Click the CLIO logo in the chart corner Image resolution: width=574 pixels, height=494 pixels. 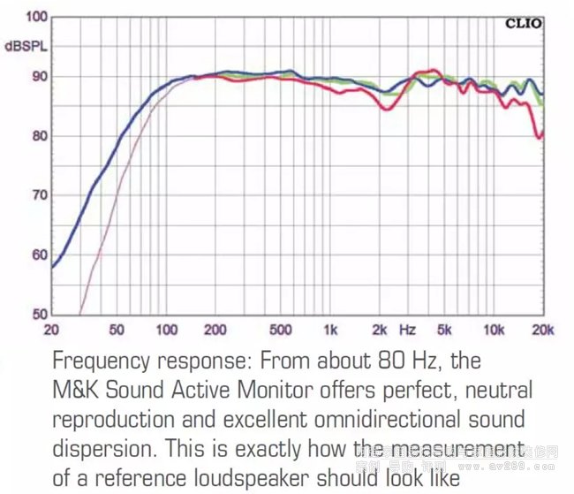pos(523,24)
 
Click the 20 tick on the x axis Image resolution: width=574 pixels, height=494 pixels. pos(52,330)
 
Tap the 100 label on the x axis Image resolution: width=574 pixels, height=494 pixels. pos(166,330)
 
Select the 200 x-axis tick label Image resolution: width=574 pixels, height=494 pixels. pos(215,330)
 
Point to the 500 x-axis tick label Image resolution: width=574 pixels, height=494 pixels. pos(280,330)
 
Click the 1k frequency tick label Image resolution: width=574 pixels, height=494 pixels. pos(329,330)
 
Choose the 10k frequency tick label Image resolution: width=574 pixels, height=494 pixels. pos(494,330)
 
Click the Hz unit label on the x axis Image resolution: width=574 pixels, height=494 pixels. pos(407,330)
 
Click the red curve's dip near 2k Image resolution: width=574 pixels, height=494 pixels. pos(385,109)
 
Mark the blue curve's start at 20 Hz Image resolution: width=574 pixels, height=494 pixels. pos(53,266)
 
